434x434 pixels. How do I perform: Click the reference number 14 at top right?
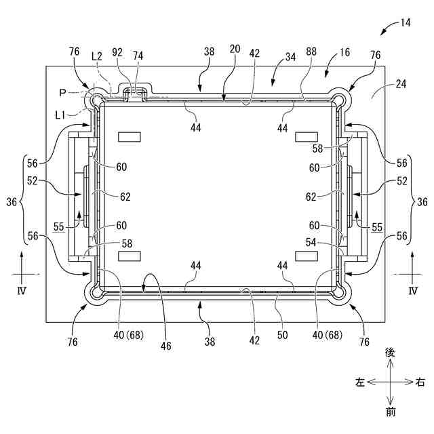[x=405, y=22]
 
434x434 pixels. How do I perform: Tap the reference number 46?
[x=166, y=346]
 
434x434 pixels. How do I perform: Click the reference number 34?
[x=290, y=58]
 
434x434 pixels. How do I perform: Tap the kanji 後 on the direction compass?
[x=390, y=353]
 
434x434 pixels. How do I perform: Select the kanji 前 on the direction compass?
[x=390, y=412]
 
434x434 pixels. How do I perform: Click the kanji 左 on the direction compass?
[x=359, y=382]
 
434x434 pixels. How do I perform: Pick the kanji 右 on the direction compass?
[x=420, y=382]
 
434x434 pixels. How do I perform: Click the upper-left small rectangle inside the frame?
[x=129, y=137]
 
